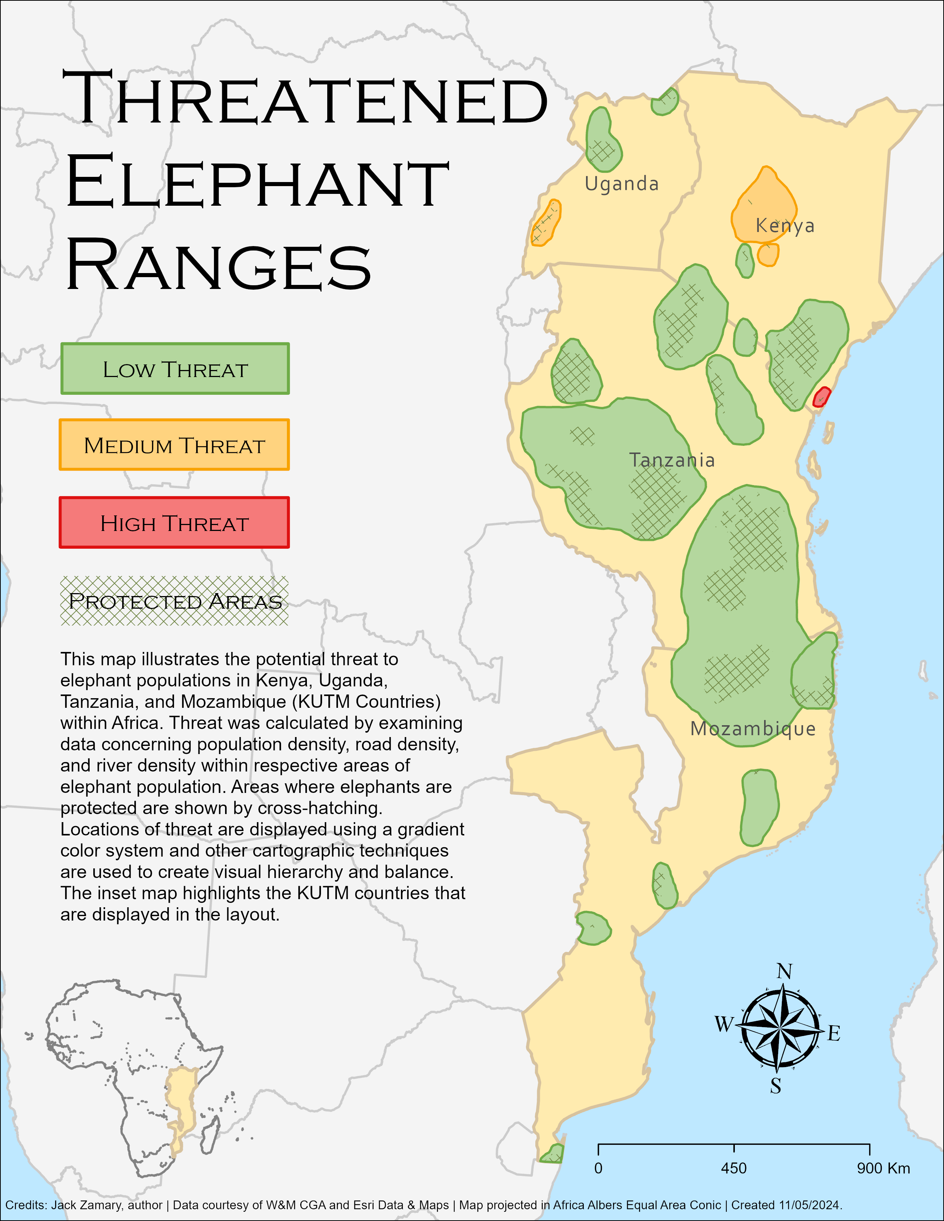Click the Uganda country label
coord(621,184)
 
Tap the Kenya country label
coord(784,225)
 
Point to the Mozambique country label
coord(753,729)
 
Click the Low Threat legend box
coord(175,369)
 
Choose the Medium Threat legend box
coord(174,445)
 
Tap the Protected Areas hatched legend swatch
coord(174,601)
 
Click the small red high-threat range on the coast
coord(821,397)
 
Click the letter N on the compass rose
coord(784,971)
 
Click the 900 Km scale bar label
coord(883,1168)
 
